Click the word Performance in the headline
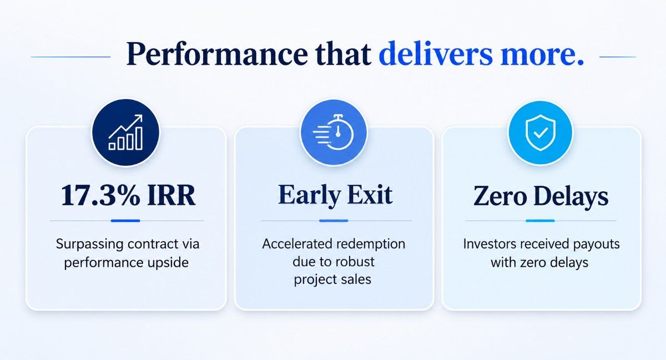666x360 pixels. [217, 54]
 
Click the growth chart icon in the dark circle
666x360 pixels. [125, 132]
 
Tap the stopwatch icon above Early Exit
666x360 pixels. [334, 131]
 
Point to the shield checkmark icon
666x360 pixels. [540, 132]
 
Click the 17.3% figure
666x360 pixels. [100, 195]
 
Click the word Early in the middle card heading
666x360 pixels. [309, 195]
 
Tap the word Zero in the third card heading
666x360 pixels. [500, 196]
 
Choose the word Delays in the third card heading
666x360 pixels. [571, 197]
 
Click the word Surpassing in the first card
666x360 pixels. [90, 245]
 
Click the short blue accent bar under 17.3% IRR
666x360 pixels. [125, 221]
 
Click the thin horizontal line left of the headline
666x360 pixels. [70, 57]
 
